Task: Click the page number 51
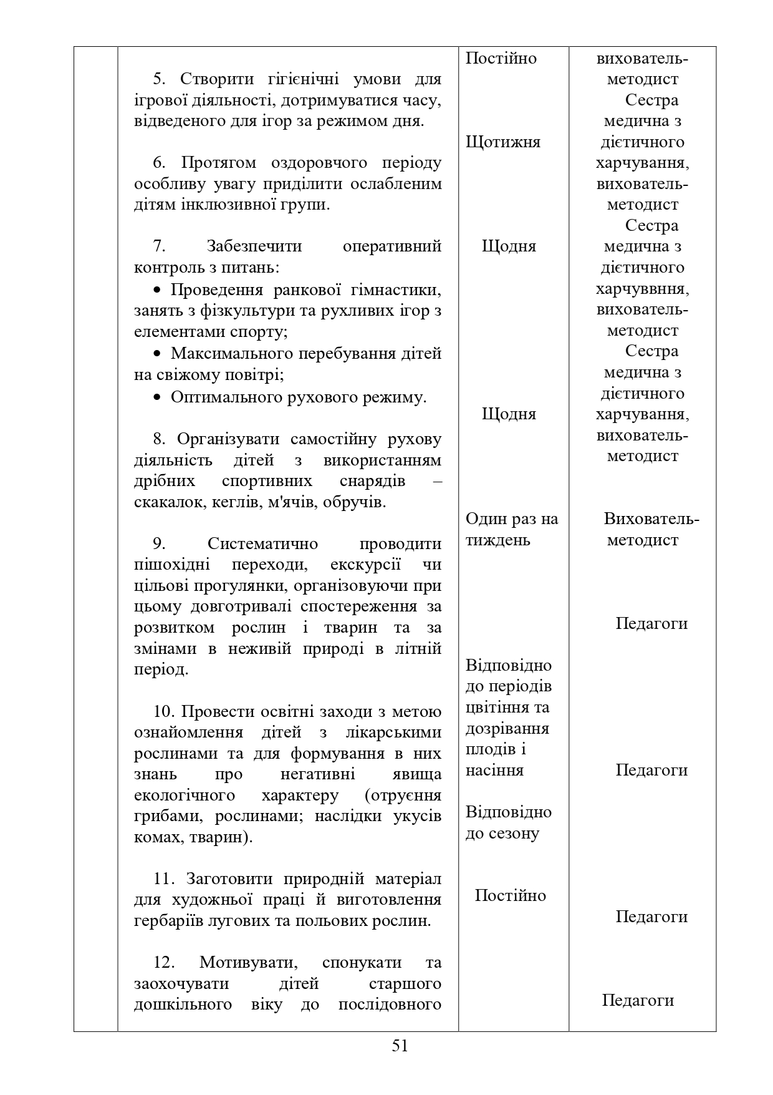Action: coord(400,1045)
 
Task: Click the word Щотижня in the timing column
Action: coord(502,142)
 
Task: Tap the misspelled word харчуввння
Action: coord(642,289)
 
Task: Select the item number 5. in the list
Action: coord(160,79)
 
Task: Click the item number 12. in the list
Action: coord(164,962)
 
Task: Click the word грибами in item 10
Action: coord(163,816)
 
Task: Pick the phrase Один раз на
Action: coord(512,519)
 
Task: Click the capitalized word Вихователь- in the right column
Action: coord(651,519)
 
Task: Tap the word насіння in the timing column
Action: coord(494,771)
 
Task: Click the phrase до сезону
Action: coord(502,834)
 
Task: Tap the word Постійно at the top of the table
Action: coord(501,59)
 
